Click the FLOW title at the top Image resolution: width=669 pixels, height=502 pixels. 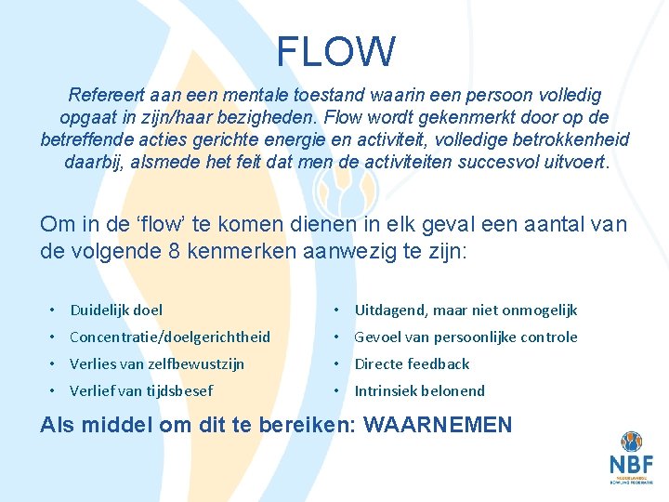(x=335, y=52)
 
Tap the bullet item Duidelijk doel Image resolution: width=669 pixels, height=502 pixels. (x=116, y=310)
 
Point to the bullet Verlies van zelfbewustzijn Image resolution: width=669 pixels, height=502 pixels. (x=157, y=363)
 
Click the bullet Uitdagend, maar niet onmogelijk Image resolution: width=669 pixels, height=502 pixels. (x=466, y=310)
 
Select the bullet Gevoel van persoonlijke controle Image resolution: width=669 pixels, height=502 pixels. (x=466, y=337)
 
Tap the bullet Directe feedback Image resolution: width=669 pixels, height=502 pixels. (x=412, y=363)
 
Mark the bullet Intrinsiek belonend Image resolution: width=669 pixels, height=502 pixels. (x=419, y=390)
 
